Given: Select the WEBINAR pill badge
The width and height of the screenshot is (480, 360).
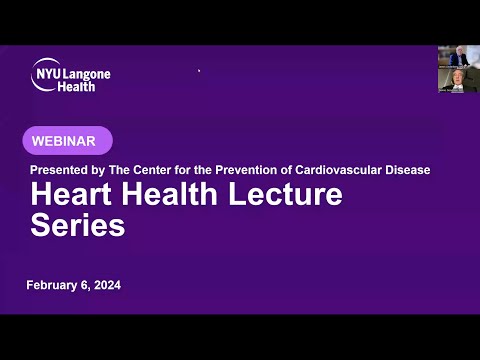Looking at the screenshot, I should click(68, 141).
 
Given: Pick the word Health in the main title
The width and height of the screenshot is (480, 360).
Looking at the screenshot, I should click(163, 196).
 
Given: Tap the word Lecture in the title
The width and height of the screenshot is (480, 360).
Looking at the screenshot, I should click(285, 196).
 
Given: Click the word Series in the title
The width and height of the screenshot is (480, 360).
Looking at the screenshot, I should click(78, 226).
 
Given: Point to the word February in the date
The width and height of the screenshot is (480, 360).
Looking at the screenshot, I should click(56, 286).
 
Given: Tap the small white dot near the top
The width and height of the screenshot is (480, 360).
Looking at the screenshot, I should click(199, 71).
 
